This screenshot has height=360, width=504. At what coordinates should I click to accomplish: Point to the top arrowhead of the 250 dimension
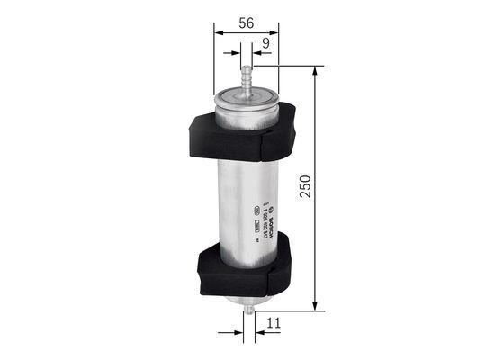pyautogui.click(x=314, y=69)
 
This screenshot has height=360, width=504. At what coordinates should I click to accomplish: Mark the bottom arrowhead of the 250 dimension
pyautogui.click(x=314, y=306)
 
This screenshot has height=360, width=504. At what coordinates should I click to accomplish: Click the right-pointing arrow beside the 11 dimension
pyautogui.click(x=238, y=332)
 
